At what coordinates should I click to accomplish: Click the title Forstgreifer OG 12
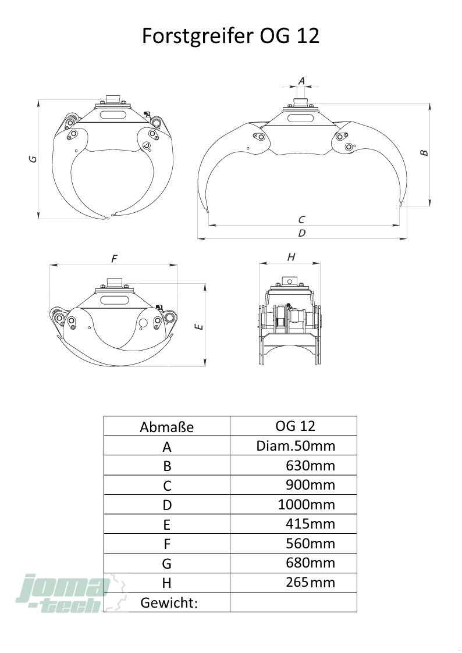coord(230,36)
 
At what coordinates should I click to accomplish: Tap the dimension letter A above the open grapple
coord(301,80)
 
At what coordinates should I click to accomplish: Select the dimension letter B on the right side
coord(424,152)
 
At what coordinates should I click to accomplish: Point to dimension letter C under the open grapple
coord(301,219)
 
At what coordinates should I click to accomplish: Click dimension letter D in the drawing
coord(301,233)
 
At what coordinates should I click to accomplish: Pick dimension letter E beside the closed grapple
coord(200,327)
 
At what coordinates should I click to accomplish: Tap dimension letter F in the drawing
coord(114,259)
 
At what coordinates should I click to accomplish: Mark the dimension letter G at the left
coord(33,159)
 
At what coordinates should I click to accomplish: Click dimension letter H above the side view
coord(291,257)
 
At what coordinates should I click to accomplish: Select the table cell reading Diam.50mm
coord(296,445)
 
